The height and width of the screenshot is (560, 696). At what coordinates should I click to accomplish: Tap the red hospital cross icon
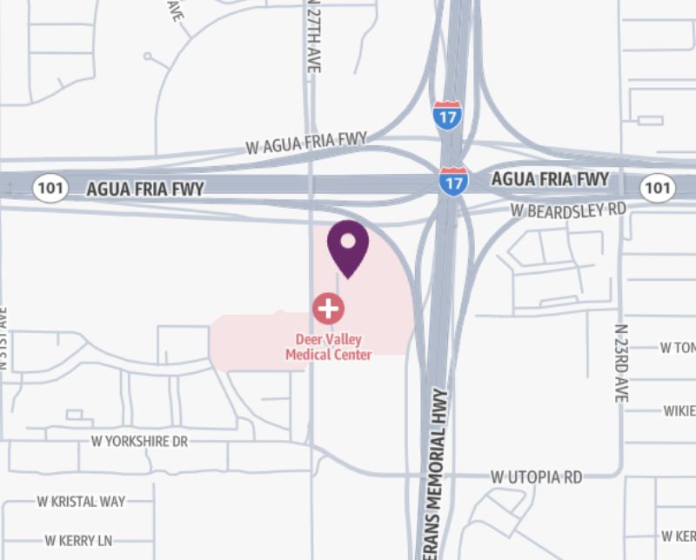(x=328, y=308)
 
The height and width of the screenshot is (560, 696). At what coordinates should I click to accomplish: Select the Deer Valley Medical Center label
(x=329, y=346)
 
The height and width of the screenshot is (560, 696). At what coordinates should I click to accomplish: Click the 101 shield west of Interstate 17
(x=50, y=188)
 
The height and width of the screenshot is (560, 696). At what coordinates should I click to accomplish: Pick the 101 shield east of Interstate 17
(x=657, y=186)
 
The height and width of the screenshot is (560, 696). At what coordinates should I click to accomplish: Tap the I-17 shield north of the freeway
(x=446, y=116)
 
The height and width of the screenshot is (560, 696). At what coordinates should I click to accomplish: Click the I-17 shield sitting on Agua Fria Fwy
(x=452, y=181)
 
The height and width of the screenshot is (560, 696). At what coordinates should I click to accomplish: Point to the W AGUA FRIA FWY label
(x=306, y=143)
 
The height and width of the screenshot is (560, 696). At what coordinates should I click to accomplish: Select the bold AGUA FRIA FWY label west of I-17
(x=145, y=188)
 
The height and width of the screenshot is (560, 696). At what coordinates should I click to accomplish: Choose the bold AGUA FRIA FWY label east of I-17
(x=550, y=180)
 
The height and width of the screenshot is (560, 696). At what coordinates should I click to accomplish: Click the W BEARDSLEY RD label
(x=568, y=210)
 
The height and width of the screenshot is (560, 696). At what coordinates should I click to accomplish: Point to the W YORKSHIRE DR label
(x=139, y=442)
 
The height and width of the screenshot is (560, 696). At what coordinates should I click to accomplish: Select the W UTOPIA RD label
(x=536, y=477)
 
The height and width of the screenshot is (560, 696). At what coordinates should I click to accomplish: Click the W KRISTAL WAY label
(x=81, y=502)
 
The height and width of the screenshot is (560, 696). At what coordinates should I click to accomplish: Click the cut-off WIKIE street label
(x=679, y=410)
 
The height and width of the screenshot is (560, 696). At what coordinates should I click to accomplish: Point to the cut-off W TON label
(x=678, y=348)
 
